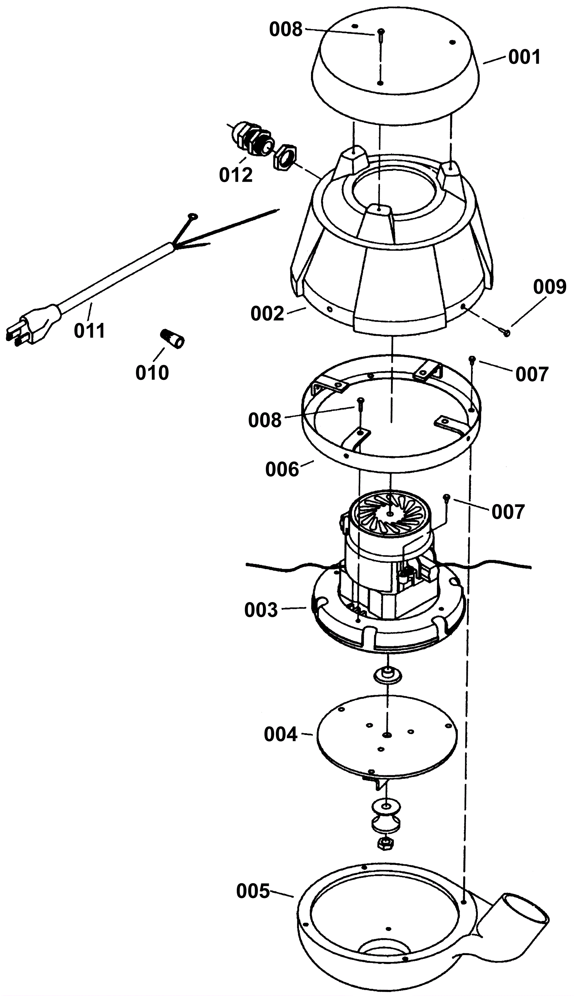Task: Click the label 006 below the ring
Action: click(x=282, y=469)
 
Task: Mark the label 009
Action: click(x=550, y=287)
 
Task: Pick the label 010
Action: click(x=152, y=372)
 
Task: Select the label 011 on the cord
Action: click(x=90, y=331)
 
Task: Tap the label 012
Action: click(x=236, y=175)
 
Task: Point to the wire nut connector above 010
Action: click(x=172, y=338)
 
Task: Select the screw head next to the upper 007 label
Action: click(x=471, y=358)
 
